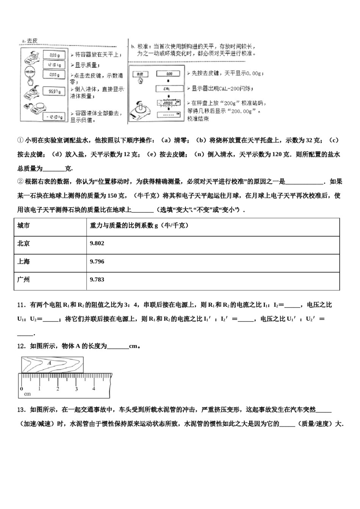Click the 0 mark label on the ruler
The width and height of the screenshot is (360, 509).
(x=22, y=389)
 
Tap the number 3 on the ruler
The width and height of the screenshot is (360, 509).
(x=76, y=389)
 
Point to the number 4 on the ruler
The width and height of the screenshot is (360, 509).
(x=94, y=389)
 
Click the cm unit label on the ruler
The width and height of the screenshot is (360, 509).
(x=27, y=394)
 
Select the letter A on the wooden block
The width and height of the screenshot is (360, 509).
(x=49, y=363)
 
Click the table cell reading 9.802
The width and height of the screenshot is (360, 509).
(x=97, y=244)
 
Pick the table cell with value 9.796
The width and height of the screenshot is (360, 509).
(x=97, y=262)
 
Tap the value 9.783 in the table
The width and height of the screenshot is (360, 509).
(x=97, y=280)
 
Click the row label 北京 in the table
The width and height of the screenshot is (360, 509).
(x=23, y=244)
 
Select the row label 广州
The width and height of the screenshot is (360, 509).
(x=23, y=280)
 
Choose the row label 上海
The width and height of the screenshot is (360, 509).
(x=23, y=262)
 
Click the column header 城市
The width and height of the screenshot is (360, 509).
(x=23, y=226)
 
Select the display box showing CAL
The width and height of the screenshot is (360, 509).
(x=169, y=89)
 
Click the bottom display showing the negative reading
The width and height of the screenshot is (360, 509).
(x=53, y=117)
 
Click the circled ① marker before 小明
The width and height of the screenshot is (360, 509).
(x=20, y=141)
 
